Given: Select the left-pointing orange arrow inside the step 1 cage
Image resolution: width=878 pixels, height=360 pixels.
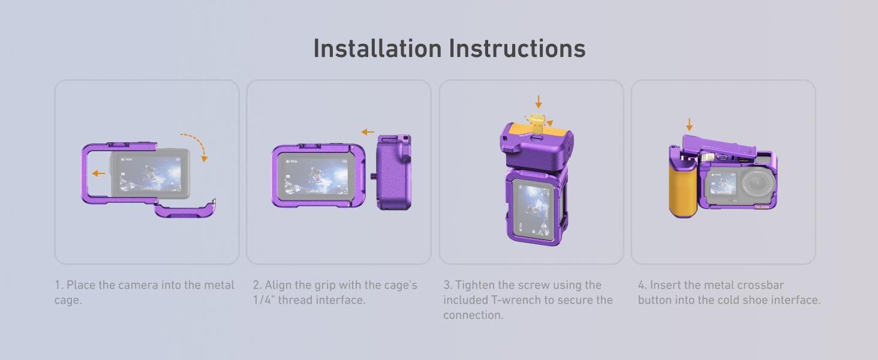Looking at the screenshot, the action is (98, 173).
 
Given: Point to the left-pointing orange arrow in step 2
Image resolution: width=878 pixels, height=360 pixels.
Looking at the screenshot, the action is (368, 132).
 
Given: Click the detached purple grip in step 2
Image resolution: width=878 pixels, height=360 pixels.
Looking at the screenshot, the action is (394, 172).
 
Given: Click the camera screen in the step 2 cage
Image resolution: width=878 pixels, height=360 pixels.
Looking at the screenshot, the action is (316, 176).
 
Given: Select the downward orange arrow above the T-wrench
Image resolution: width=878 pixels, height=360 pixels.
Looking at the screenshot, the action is (539, 102).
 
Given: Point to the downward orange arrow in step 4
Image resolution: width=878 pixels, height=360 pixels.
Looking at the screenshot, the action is (689, 125).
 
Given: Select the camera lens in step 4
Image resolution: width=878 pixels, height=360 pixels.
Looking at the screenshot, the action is (759, 184).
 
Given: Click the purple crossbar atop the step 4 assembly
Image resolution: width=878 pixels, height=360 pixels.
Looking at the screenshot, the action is (719, 146).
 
